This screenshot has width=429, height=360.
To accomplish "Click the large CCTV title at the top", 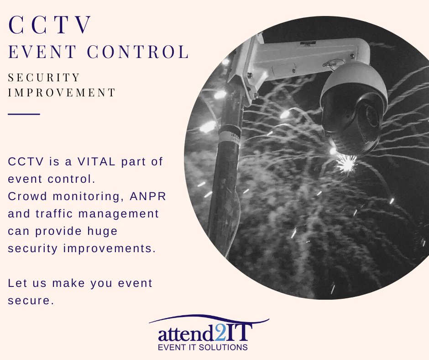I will tap(51, 26).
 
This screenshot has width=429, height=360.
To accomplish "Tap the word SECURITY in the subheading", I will tap(44, 78).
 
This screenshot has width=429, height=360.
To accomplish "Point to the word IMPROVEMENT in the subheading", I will tap(62, 92).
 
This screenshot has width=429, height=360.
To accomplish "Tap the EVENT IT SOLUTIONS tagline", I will tap(203, 348).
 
